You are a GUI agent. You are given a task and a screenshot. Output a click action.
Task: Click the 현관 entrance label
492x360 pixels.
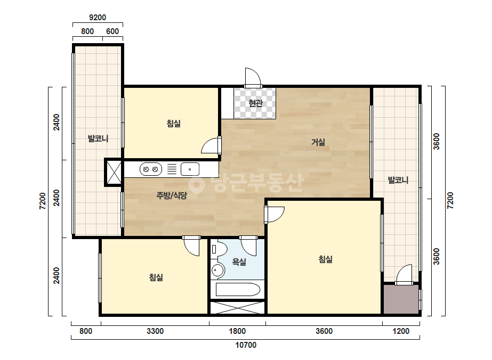pos(255,103)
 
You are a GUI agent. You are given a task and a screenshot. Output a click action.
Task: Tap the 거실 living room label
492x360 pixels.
pos(318,142)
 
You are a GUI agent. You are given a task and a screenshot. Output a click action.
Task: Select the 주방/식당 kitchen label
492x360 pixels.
pos(172,195)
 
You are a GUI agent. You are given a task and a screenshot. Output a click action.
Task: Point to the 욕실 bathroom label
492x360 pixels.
pos(239,262)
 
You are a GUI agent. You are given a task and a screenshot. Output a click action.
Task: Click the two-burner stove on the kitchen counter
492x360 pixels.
pos(151,169)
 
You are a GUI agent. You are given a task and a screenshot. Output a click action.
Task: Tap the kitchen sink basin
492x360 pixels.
pos(190,169)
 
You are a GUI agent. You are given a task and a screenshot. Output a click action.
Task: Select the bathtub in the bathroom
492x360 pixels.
pos(238,290)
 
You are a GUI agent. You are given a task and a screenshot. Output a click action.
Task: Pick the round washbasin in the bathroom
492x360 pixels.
pos(218,269)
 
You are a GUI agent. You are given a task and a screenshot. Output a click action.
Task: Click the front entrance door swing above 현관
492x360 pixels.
pos(253,77)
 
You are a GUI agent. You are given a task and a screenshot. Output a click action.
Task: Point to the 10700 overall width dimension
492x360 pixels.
pos(246,345)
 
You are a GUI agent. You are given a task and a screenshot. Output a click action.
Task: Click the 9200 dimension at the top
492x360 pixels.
pos(98,17)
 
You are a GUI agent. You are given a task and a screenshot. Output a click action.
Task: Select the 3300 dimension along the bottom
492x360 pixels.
pos(155,331)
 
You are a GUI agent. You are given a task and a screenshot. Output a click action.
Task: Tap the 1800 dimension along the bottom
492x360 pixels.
pos(237,331)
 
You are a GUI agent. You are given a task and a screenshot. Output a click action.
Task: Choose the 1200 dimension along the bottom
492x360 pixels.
pos(401,331)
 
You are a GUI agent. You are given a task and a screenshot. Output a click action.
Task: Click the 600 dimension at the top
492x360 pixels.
pos(112,31)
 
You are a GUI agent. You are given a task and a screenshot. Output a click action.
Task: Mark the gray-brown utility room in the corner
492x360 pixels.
pos(401,299)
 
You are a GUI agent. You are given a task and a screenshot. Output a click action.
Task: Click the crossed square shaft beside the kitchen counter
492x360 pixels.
pos(114,172)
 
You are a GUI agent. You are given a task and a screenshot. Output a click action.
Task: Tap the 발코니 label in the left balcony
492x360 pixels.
pos(98,138)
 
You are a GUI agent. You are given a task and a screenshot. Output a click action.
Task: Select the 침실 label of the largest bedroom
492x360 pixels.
pos(325,259)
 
